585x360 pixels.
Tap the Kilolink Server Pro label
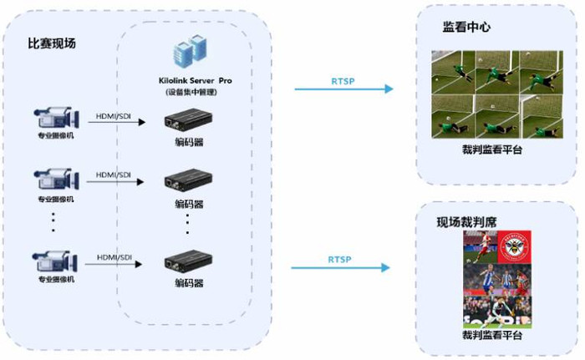[x=195, y=80]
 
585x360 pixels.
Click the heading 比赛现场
[x=52, y=43]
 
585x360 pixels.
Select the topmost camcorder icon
[x=57, y=118]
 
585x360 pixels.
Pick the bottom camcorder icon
[x=55, y=261]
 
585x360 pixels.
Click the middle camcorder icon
[x=56, y=180]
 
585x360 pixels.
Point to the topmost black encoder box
[x=188, y=119]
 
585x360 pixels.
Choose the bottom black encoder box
[x=188, y=261]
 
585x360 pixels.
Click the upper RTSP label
[x=343, y=81]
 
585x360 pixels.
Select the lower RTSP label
[x=339, y=259]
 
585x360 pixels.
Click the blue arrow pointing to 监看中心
[x=344, y=89]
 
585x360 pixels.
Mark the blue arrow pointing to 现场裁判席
[x=341, y=267]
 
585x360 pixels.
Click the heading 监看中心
[x=466, y=27]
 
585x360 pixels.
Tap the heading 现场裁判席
[x=466, y=222]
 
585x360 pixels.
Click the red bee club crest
[x=515, y=246]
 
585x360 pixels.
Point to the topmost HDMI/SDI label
[x=114, y=116]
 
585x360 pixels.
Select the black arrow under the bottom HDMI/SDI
[x=114, y=264]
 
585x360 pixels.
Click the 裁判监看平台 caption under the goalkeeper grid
[x=492, y=150]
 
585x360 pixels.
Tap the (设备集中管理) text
[x=191, y=92]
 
